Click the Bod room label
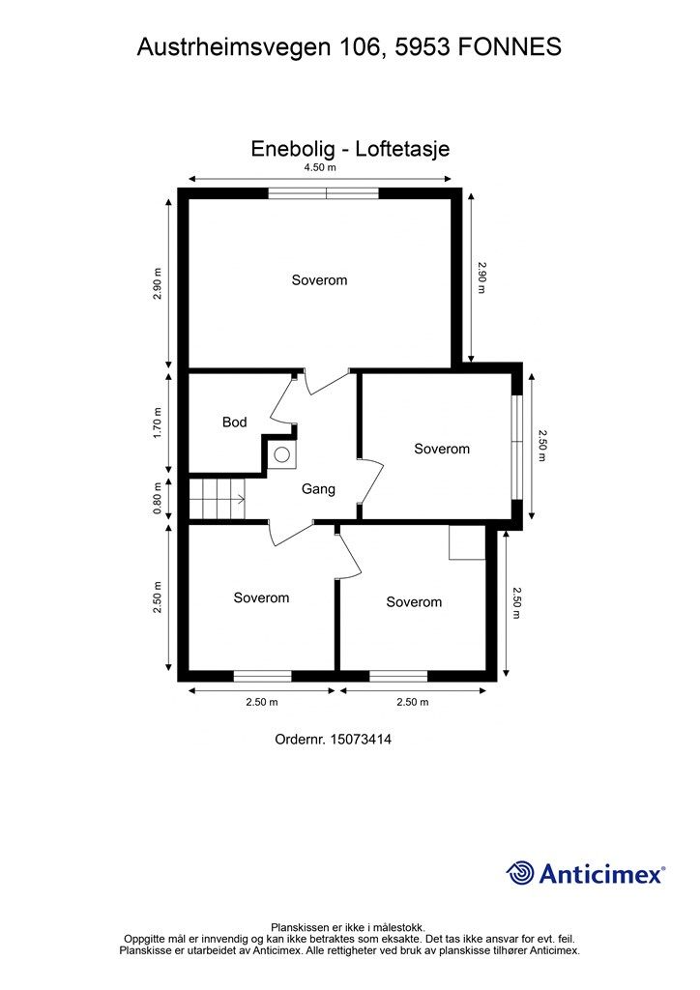coord(234,422)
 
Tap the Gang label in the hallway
coord(318,489)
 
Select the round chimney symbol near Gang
coord(282,453)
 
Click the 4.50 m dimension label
coord(320,167)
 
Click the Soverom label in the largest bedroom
coord(319,280)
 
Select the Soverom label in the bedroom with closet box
coord(414,602)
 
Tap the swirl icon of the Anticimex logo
coord(520,873)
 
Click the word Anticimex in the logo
coord(601,874)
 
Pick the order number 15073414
coord(362,740)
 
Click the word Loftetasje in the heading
coord(402,149)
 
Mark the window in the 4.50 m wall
coord(323,193)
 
